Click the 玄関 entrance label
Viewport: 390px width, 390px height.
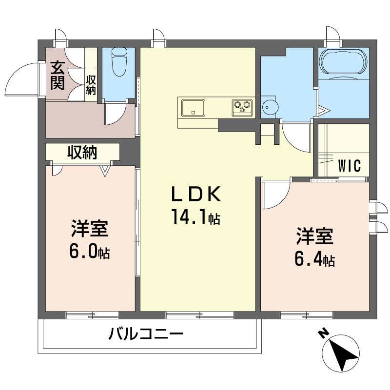pyautogui.click(x=58, y=75)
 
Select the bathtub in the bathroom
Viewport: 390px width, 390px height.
pyautogui.click(x=343, y=62)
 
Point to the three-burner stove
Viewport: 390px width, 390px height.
pyautogui.click(x=242, y=107)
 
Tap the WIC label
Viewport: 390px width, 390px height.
pyautogui.click(x=350, y=166)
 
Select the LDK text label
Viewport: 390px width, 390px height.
pyautogui.click(x=195, y=195)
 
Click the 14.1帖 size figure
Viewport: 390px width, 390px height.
pyautogui.click(x=195, y=216)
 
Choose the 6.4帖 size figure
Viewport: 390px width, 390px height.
pyautogui.click(x=314, y=259)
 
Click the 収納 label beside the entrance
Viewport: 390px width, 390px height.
pyautogui.click(x=91, y=84)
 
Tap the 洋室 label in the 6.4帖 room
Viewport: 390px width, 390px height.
pyautogui.click(x=314, y=237)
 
